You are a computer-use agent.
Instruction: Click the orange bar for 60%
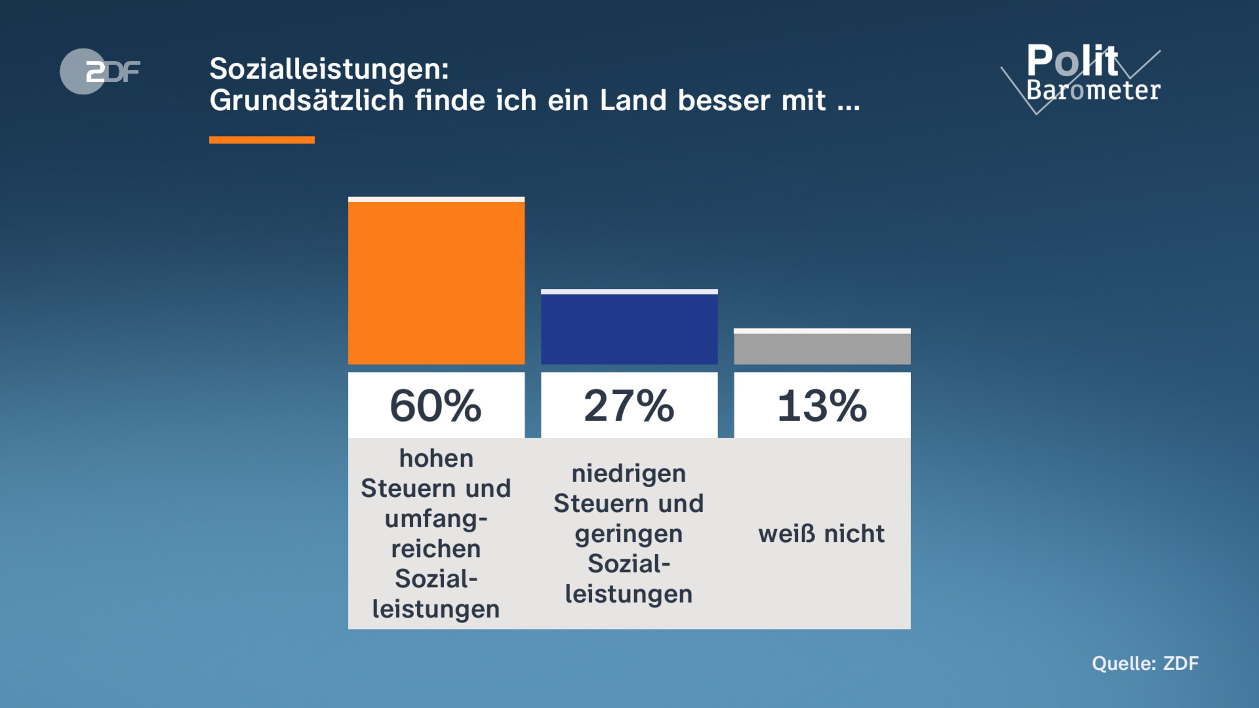point(436,282)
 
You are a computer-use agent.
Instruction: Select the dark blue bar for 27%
point(629,328)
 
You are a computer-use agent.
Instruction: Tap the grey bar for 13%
point(822,347)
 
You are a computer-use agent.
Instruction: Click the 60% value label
point(436,405)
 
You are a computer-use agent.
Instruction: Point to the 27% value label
point(629,405)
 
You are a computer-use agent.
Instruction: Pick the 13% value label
point(822,405)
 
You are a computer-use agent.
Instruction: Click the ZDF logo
point(100,71)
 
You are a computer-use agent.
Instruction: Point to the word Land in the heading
point(633,100)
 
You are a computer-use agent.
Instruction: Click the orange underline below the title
point(262,140)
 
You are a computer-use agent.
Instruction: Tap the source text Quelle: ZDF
point(1145,663)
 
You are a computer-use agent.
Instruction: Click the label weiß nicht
point(821,534)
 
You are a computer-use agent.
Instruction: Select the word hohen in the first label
point(436,458)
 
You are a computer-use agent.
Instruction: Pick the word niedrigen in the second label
point(628,474)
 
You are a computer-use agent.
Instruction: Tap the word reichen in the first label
point(436,549)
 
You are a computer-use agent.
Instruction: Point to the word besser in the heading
point(724,100)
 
